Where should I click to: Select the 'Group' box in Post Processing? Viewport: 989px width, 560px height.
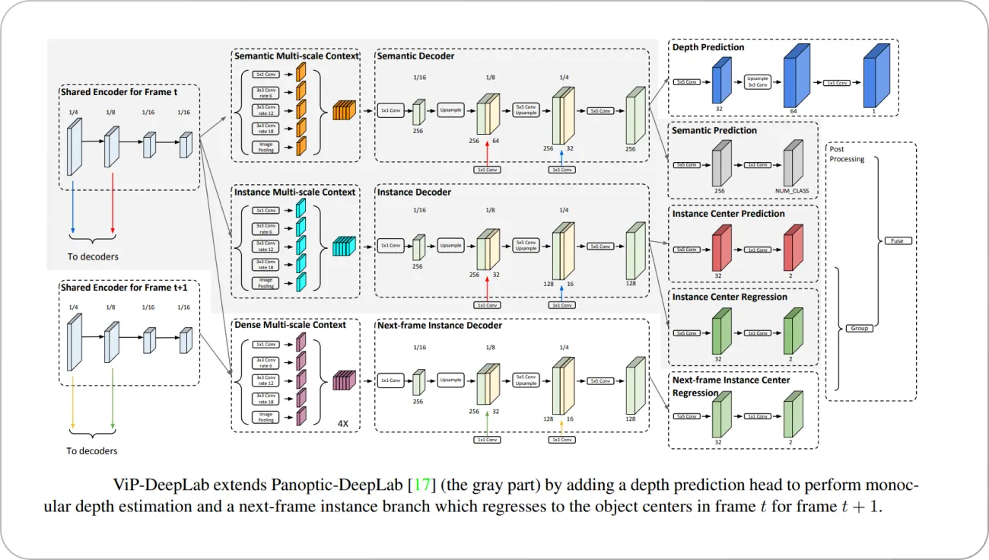click(859, 329)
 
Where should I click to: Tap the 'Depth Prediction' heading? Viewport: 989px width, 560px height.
click(708, 47)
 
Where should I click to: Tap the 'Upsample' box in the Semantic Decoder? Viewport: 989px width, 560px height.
click(451, 110)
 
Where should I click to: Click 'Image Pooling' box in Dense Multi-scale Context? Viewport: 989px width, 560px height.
click(267, 416)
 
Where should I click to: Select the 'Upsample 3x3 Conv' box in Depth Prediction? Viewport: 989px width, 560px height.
click(757, 82)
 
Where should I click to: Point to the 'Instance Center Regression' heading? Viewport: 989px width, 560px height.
click(730, 297)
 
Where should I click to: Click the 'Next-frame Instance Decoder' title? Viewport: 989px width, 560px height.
click(440, 325)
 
